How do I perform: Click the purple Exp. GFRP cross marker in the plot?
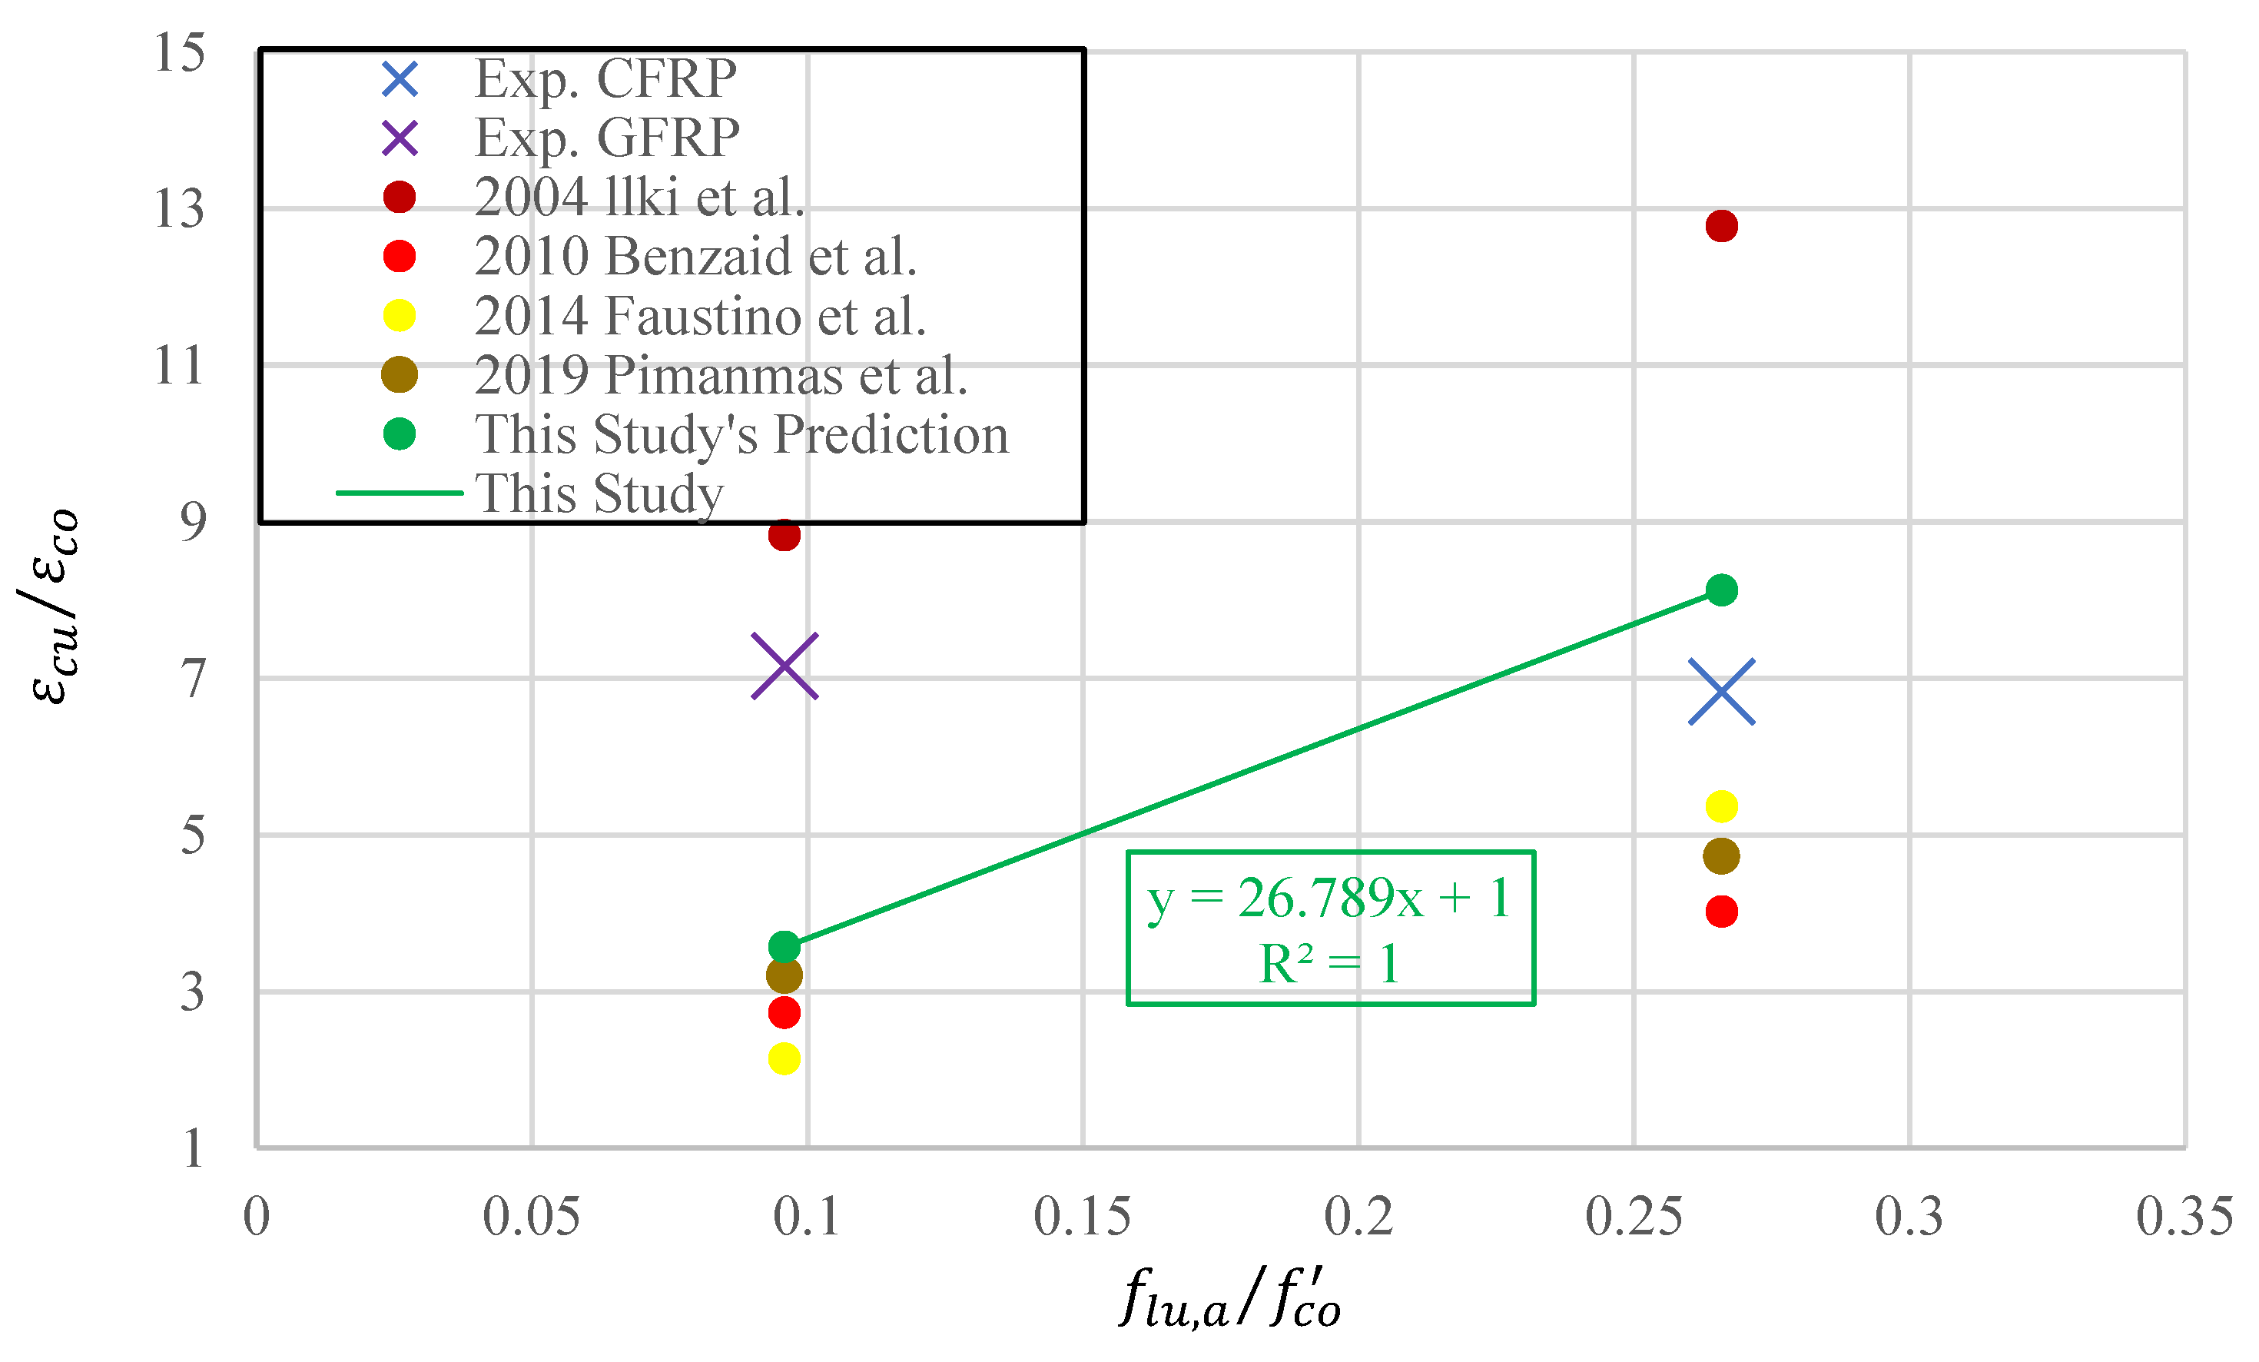click(x=784, y=666)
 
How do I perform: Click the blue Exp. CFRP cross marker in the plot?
click(x=1721, y=692)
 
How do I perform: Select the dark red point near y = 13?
click(x=1721, y=226)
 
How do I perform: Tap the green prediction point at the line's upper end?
click(x=1721, y=590)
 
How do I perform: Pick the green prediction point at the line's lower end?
click(x=784, y=945)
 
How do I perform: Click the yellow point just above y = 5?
click(x=1721, y=806)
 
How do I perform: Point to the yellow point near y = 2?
click(x=784, y=1058)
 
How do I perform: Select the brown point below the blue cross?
click(x=1721, y=855)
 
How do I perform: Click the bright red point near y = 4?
click(x=1721, y=912)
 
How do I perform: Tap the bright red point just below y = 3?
click(x=784, y=1012)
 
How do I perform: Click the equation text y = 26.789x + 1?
click(x=1329, y=898)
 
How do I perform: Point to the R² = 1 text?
click(x=1329, y=964)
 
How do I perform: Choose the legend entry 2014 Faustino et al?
click(x=699, y=315)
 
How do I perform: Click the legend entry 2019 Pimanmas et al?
click(x=721, y=375)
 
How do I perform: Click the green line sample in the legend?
click(x=399, y=493)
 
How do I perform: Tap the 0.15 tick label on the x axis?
click(x=1082, y=1217)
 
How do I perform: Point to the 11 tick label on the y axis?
click(x=180, y=366)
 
